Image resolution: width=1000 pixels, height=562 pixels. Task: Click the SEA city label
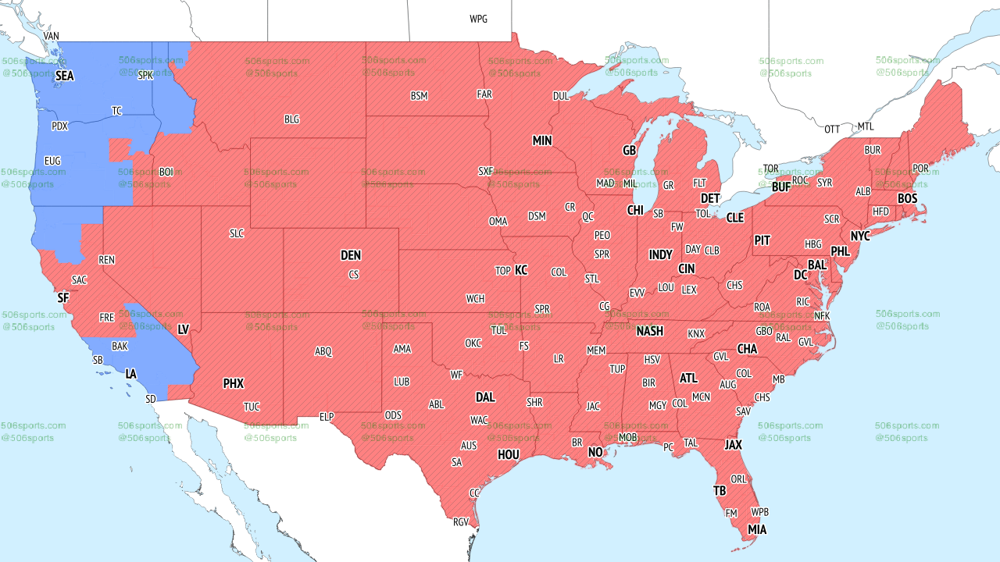pyautogui.click(x=65, y=76)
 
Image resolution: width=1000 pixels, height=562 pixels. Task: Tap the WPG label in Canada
pyautogui.click(x=478, y=19)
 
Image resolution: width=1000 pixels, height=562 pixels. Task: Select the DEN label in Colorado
pyautogui.click(x=351, y=255)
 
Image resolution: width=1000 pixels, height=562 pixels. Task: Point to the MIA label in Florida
pyautogui.click(x=757, y=530)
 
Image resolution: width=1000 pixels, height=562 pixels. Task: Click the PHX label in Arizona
pyautogui.click(x=234, y=383)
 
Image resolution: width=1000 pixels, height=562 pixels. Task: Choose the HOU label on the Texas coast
pyautogui.click(x=509, y=454)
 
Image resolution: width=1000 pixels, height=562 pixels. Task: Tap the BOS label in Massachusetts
pyautogui.click(x=907, y=199)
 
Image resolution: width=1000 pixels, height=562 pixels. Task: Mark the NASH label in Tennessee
pyautogui.click(x=649, y=331)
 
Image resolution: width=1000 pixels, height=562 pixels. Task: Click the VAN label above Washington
pyautogui.click(x=52, y=36)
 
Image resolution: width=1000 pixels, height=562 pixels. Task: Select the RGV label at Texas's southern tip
pyautogui.click(x=461, y=522)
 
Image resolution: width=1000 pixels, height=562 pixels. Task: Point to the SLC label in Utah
pyautogui.click(x=237, y=233)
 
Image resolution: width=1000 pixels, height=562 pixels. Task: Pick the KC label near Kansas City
pyautogui.click(x=521, y=270)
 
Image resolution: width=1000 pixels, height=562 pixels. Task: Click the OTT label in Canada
pyautogui.click(x=832, y=129)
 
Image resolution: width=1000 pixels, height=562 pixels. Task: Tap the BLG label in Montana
pyautogui.click(x=291, y=119)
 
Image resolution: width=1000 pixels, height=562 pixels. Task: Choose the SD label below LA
pyautogui.click(x=151, y=399)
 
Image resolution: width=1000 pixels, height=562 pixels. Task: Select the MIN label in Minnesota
pyautogui.click(x=542, y=140)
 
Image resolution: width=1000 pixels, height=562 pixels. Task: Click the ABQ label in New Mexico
pyautogui.click(x=323, y=351)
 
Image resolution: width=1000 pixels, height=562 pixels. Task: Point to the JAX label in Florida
pyautogui.click(x=733, y=445)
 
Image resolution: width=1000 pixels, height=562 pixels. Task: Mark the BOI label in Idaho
pyautogui.click(x=166, y=171)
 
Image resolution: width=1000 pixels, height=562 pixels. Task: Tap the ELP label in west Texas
pyautogui.click(x=327, y=417)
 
